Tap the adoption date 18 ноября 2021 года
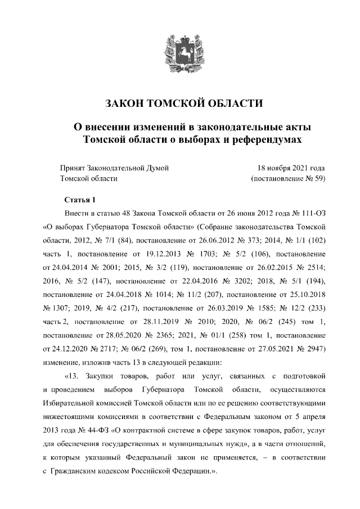(x=291, y=168)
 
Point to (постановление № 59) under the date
(x=287, y=178)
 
